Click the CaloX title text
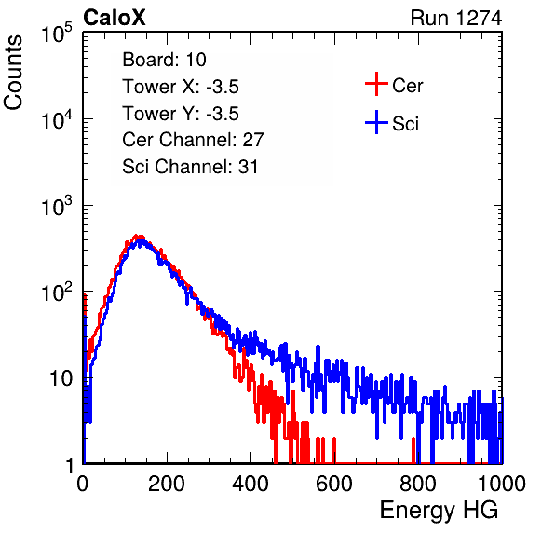point(114,18)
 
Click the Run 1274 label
point(456,18)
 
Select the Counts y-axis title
point(13,73)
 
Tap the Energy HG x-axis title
point(439,511)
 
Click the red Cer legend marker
point(376,84)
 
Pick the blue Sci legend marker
point(376,122)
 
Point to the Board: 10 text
point(164,60)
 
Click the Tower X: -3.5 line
point(181,87)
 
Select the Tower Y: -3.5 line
point(181,114)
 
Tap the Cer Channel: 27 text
point(193,140)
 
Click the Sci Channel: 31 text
point(190,167)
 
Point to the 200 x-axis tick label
point(167,484)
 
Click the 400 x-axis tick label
point(250,484)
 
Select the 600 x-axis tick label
point(334,484)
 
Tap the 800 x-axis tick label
point(418,484)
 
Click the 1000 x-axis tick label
point(502,484)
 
